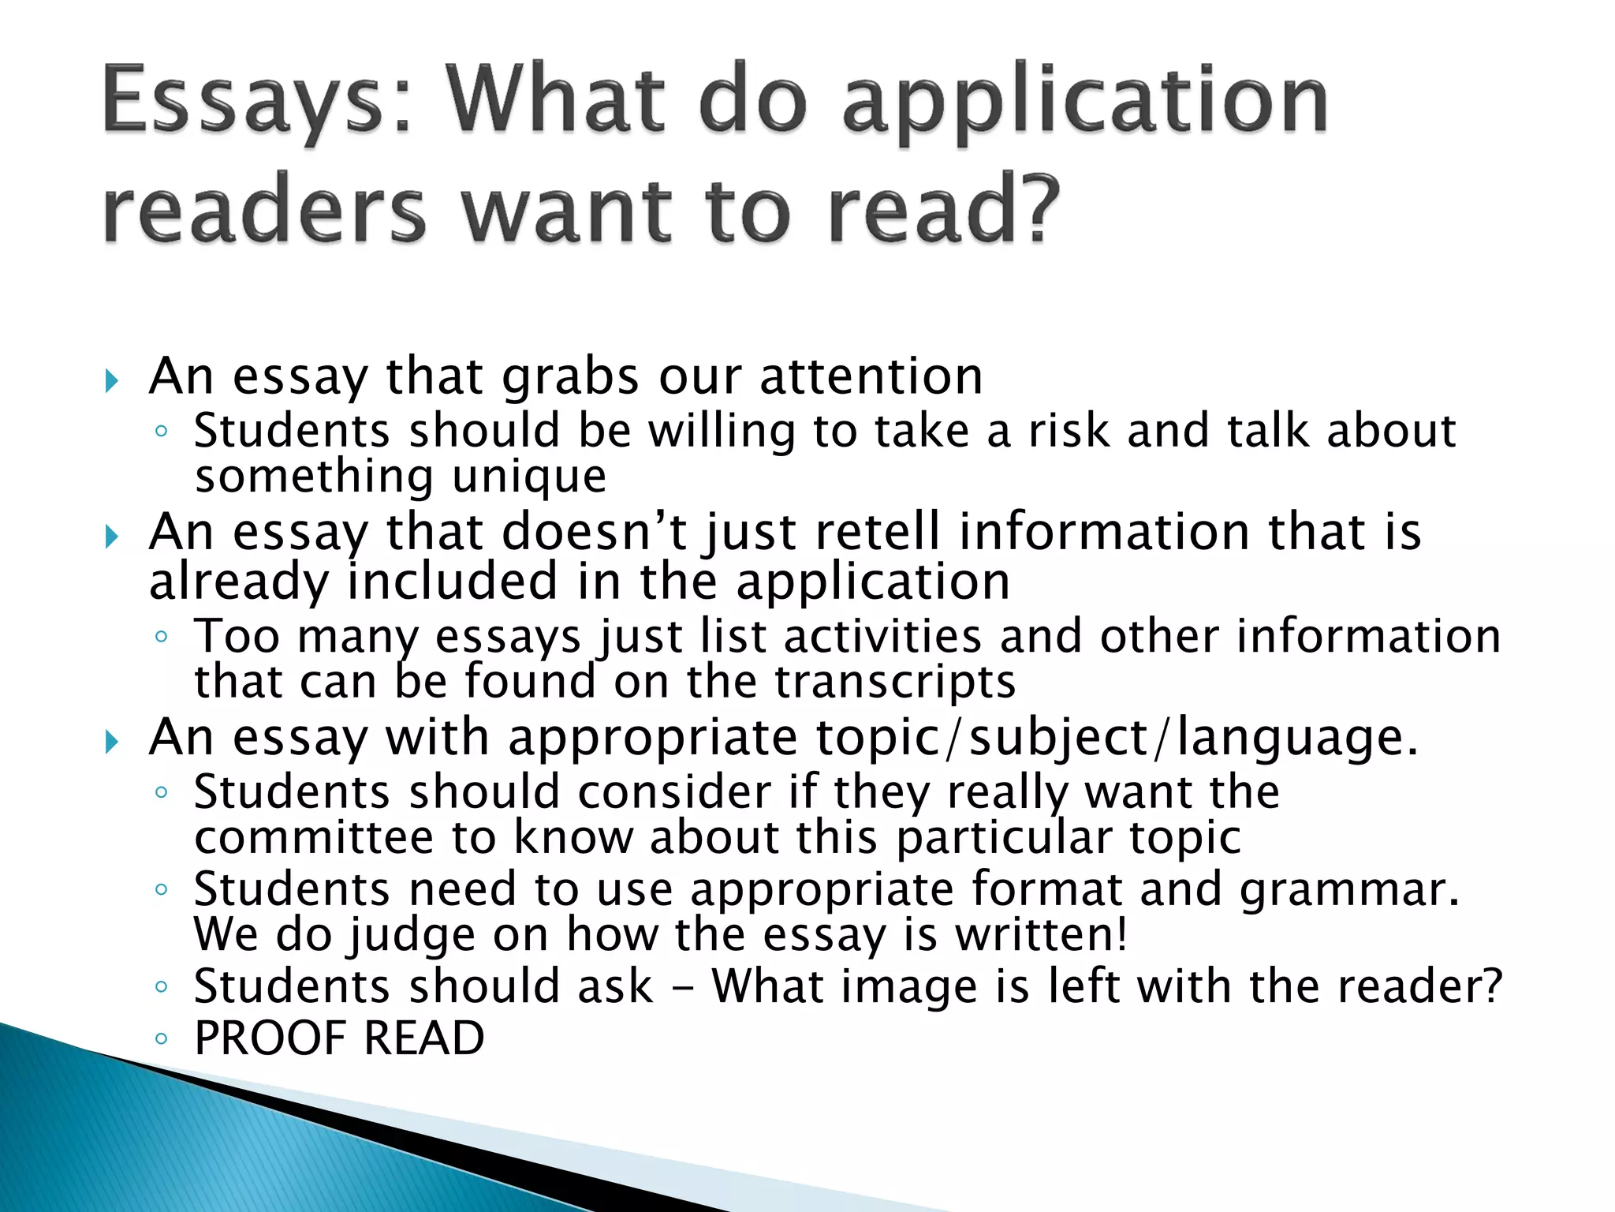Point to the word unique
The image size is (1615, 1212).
[529, 477]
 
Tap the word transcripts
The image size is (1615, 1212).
[895, 682]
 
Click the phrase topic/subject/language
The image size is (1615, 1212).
[1117, 738]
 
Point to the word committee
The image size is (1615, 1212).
[314, 837]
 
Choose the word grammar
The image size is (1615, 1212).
[1349, 890]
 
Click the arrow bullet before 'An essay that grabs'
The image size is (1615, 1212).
[111, 382]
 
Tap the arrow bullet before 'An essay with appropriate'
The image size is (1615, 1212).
[111, 743]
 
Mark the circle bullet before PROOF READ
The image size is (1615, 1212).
[161, 1039]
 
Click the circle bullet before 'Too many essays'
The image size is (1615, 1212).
[161, 637]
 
